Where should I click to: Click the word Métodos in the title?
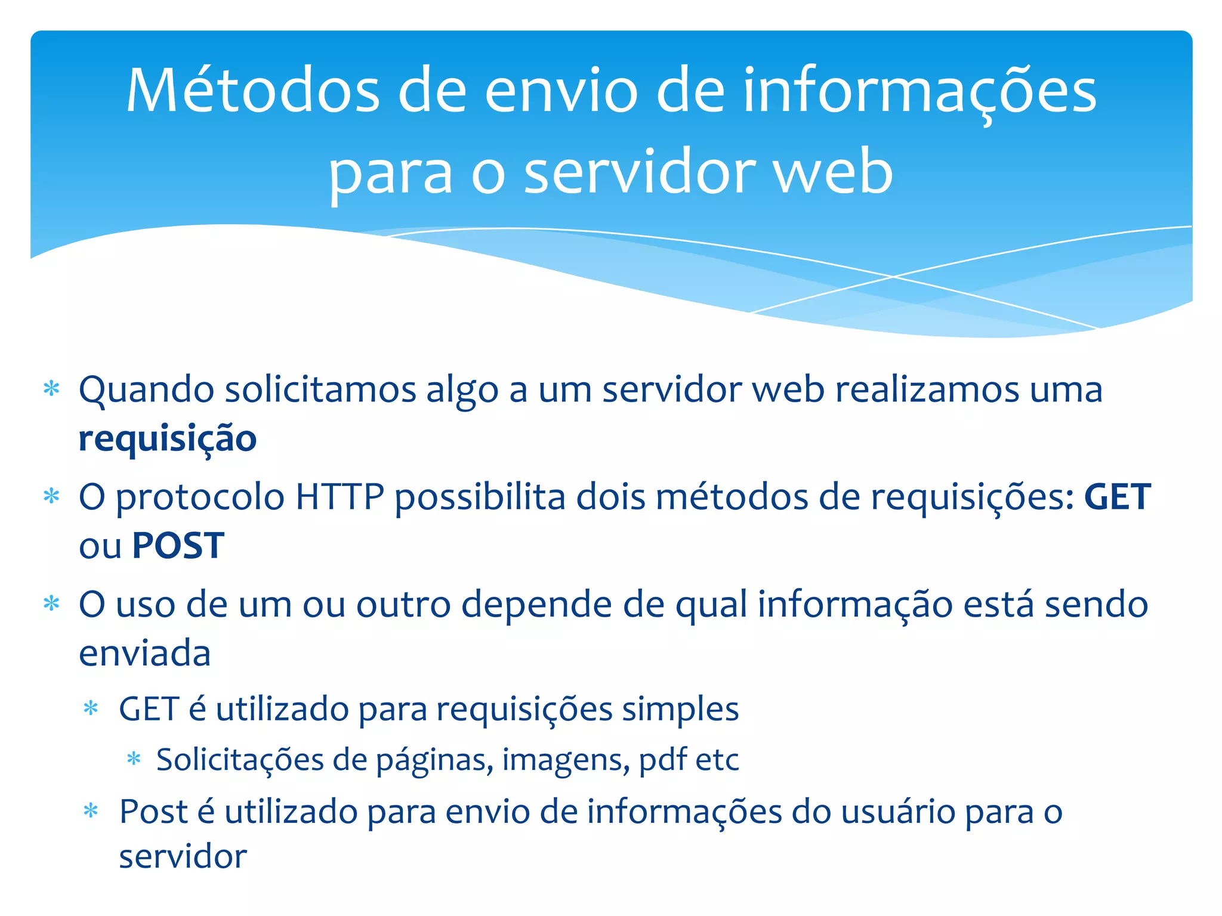click(253, 91)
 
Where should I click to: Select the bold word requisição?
click(168, 439)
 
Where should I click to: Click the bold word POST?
click(178, 546)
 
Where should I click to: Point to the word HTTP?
click(340, 497)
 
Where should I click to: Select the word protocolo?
click(200, 498)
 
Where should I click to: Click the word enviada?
click(145, 653)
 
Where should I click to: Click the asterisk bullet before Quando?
click(52, 389)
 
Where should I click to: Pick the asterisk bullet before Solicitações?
click(134, 759)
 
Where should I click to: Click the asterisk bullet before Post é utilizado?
click(91, 811)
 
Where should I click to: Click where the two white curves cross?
click(893, 277)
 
